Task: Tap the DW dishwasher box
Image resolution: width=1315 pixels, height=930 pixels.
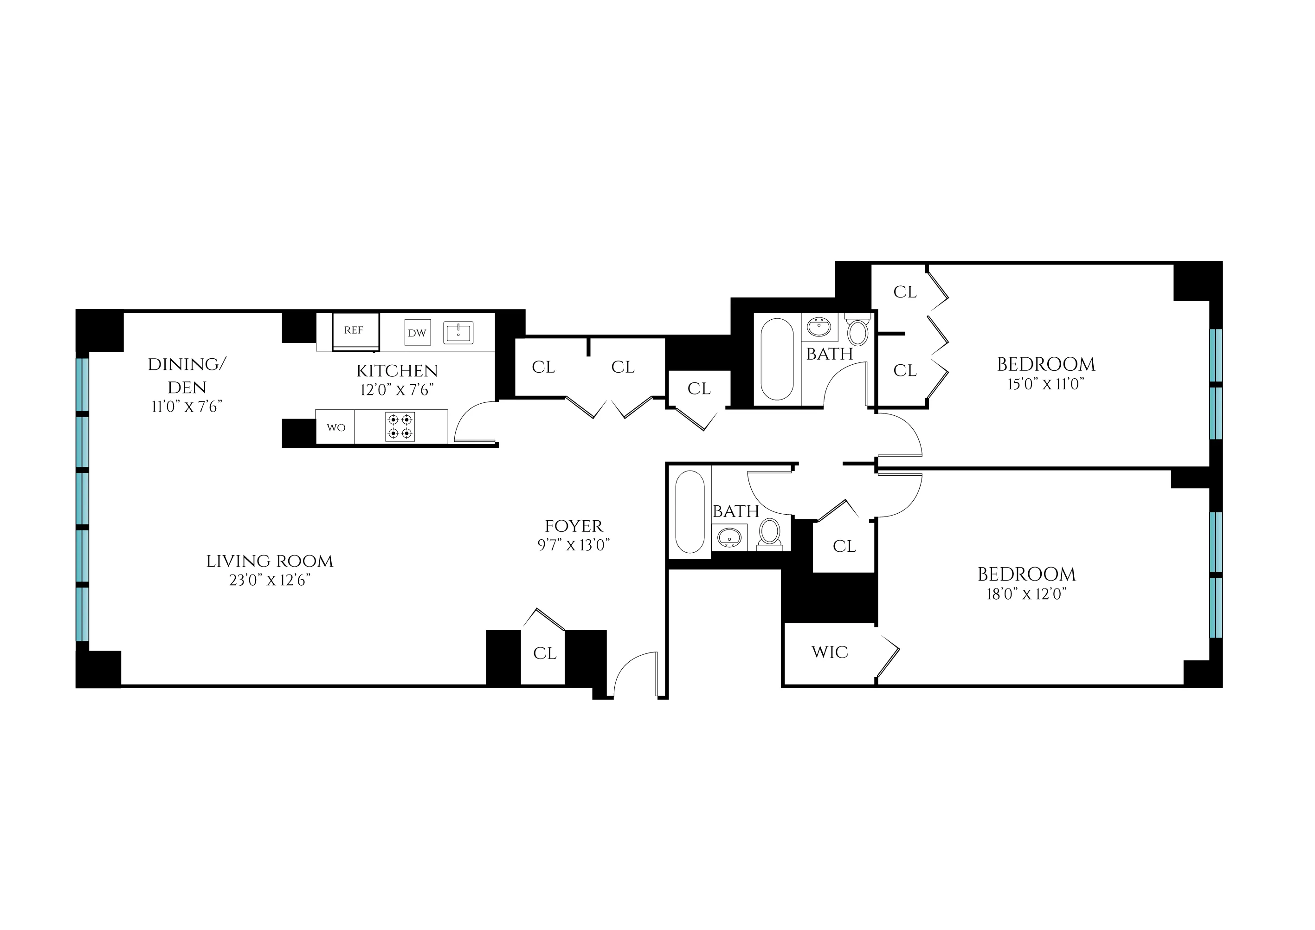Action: (x=417, y=333)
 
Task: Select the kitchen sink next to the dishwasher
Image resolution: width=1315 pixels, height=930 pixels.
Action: (x=458, y=333)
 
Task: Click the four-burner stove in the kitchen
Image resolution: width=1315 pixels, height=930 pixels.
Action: (x=400, y=426)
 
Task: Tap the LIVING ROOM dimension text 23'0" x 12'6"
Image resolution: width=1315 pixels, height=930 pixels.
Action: (x=270, y=580)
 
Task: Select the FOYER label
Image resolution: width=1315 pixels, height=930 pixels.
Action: (x=574, y=526)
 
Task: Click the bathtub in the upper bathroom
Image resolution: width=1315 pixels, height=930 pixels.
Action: (x=777, y=359)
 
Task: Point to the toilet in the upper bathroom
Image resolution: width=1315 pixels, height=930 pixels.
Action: (x=857, y=330)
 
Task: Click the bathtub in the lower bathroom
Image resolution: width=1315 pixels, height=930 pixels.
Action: (x=690, y=512)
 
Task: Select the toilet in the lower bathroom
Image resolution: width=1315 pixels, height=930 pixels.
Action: (x=769, y=533)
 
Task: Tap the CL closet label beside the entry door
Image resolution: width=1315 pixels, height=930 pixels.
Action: (x=544, y=653)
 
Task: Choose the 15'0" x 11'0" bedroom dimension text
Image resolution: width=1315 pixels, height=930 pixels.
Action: (x=1046, y=384)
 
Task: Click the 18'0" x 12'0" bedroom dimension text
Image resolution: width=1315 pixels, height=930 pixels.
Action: (x=1026, y=594)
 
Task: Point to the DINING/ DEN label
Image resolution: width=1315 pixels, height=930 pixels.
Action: (x=187, y=375)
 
